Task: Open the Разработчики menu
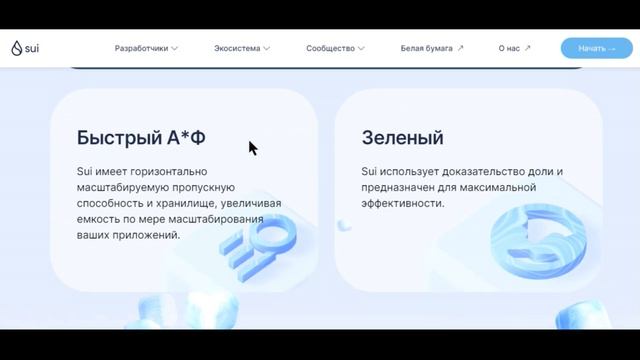click(x=141, y=48)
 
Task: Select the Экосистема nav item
click(x=237, y=48)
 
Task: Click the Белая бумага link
click(x=427, y=48)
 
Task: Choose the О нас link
click(x=509, y=48)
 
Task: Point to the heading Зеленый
click(x=402, y=138)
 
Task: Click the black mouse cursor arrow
click(x=252, y=147)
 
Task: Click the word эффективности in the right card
click(x=403, y=203)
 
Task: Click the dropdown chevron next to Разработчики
click(x=174, y=48)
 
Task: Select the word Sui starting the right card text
click(x=370, y=171)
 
